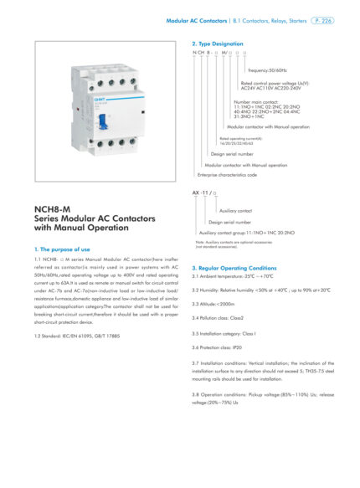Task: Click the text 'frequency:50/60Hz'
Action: [268, 70]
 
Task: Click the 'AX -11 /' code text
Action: [202, 193]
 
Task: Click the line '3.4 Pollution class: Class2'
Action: [223, 318]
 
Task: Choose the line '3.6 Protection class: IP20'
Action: [220, 347]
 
